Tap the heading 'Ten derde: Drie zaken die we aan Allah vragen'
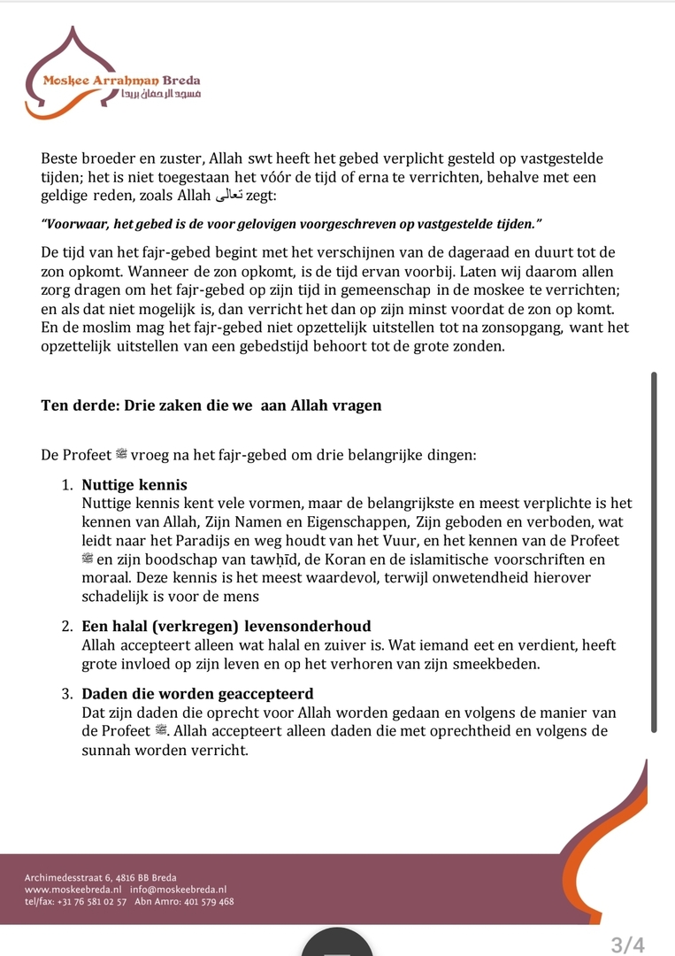pos(211,405)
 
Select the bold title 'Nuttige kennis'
pos(134,484)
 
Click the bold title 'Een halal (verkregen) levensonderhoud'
pos(226,626)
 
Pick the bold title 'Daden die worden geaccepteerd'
pos(197,693)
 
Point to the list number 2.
pos(66,626)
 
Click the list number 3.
pos(66,693)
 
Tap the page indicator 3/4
pos(627,944)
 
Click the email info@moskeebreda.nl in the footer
pos(178,889)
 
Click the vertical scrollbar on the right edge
pos(654,552)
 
